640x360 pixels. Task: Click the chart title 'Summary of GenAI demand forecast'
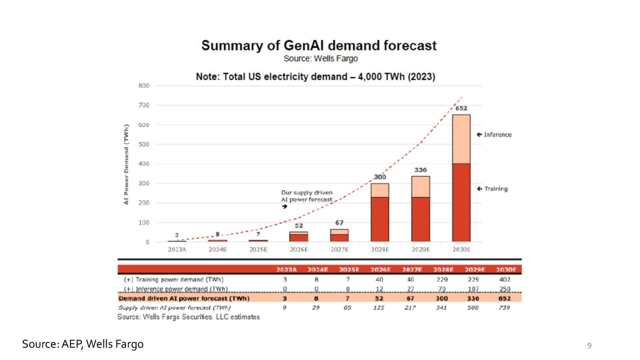[319, 46]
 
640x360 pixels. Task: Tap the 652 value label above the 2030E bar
[461, 108]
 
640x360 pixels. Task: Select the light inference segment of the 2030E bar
[461, 139]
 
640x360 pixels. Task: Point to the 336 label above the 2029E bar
[420, 170]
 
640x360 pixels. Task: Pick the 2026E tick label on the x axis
[299, 250]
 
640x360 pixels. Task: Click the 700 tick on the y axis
[144, 105]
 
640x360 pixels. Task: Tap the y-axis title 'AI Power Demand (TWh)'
[126, 165]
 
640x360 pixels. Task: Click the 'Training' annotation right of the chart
[496, 189]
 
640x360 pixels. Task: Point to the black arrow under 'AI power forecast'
[284, 207]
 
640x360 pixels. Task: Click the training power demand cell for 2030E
[505, 279]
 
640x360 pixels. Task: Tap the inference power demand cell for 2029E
[473, 289]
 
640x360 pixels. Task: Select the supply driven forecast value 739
[504, 308]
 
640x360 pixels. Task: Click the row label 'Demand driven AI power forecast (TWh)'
[184, 298]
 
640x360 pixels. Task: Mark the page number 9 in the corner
[589, 346]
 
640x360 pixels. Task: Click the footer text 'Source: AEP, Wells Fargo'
[83, 344]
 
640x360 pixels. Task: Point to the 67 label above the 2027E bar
[339, 223]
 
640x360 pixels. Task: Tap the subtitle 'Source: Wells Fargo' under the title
[320, 59]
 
